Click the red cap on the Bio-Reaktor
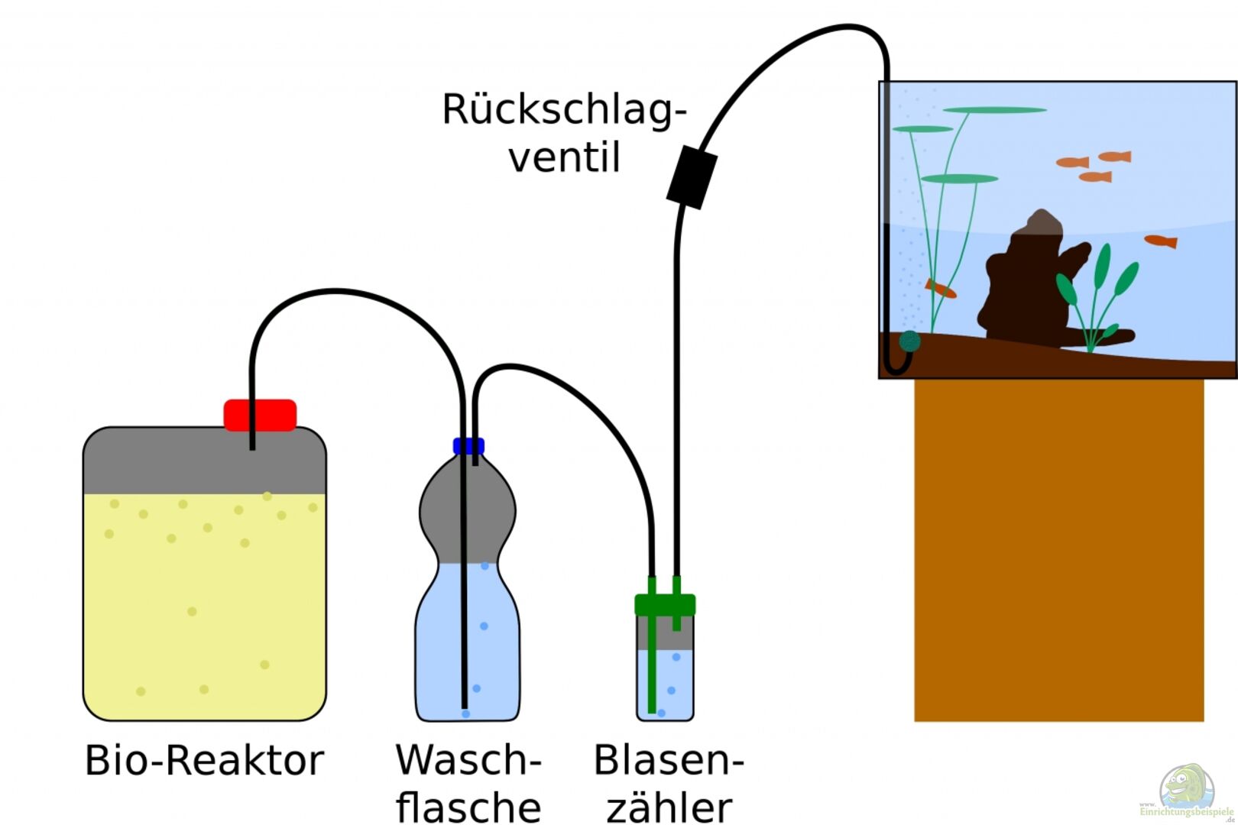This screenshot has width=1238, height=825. point(260,415)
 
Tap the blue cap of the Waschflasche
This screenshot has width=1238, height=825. point(468,446)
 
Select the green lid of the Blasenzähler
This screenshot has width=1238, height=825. point(665,605)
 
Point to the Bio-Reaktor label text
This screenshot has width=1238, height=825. point(204,761)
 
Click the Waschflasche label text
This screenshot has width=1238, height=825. point(468,783)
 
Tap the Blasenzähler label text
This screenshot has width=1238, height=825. point(669,783)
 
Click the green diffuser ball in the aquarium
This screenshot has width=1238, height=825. point(909,341)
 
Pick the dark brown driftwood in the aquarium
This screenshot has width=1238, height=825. point(1024,283)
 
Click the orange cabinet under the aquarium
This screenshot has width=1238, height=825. point(1058,550)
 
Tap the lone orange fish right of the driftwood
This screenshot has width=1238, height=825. point(1160,241)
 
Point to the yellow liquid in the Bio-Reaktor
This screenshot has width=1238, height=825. point(204,603)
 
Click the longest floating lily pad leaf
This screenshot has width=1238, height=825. point(993,110)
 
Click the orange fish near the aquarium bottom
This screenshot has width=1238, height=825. point(941,289)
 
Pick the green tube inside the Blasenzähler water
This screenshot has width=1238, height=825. point(652,680)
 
